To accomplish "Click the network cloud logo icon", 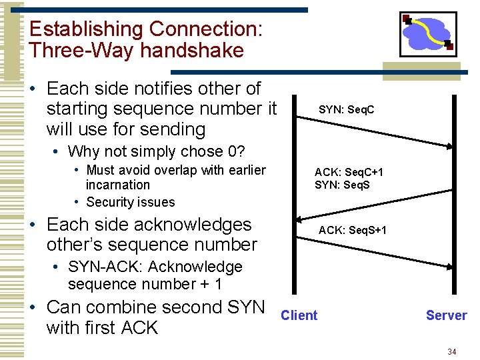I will [427, 33].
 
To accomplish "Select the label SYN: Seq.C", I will [346, 109].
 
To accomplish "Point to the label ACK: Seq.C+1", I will [349, 172].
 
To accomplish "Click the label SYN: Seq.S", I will [341, 184].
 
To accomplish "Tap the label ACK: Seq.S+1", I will [352, 230].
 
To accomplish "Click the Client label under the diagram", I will [299, 315].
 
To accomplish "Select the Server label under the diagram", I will [446, 315].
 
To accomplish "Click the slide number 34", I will [451, 351].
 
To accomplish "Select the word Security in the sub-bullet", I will [111, 202].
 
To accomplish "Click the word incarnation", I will [117, 185].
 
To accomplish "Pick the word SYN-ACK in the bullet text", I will [102, 267].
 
